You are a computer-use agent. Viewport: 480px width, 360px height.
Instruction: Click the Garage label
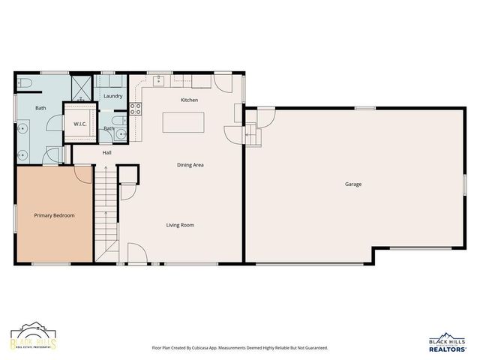tap(353, 184)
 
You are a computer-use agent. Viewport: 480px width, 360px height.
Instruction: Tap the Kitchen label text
tap(189, 100)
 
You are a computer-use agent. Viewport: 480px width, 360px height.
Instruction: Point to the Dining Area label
tap(190, 165)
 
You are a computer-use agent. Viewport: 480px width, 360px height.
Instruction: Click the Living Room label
tap(181, 224)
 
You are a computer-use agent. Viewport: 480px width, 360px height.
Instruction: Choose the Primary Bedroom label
tap(54, 215)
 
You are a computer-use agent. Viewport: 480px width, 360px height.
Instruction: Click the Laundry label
tap(113, 96)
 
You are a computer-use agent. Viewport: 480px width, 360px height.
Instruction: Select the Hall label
tap(107, 152)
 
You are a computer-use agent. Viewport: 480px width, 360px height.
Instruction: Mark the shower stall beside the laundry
tap(81, 88)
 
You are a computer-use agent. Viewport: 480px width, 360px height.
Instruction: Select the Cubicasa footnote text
tap(239, 348)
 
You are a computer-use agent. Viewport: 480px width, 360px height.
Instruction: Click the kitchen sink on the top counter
tap(160, 79)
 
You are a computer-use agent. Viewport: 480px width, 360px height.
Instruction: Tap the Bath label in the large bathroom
tap(39, 107)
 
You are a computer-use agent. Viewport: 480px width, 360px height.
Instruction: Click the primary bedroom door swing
tap(82, 174)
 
